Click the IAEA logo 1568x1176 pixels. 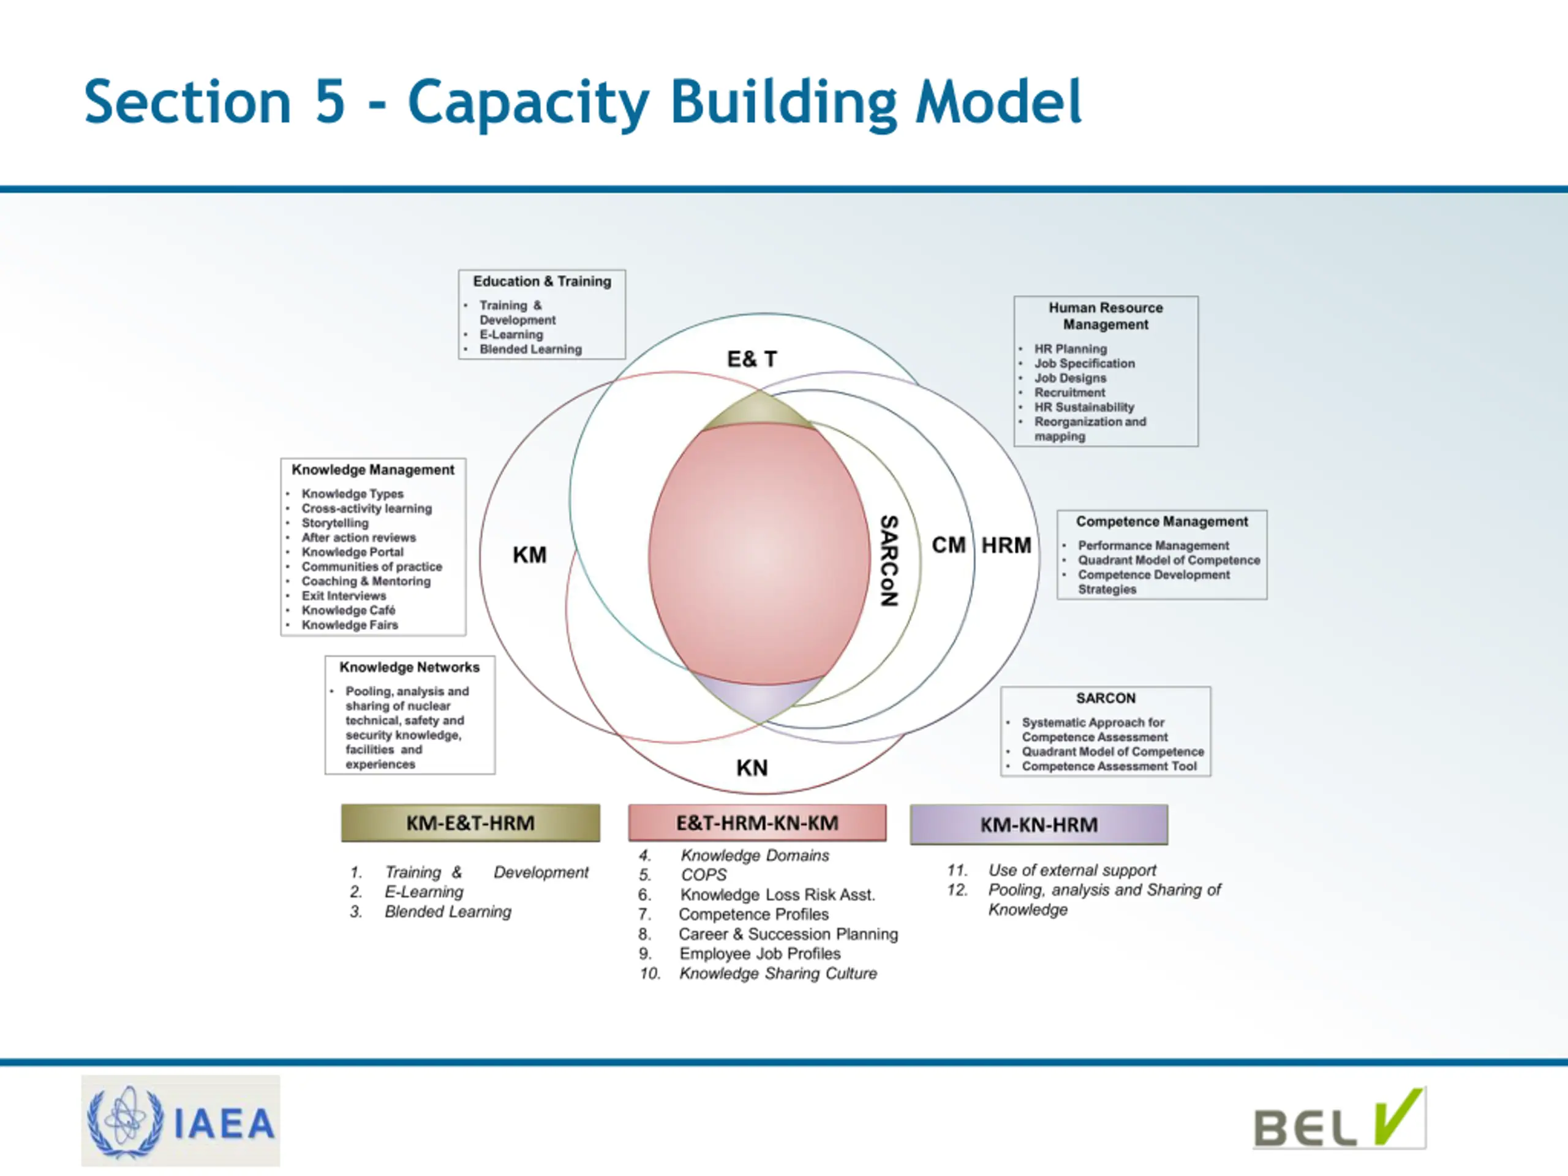(x=180, y=1121)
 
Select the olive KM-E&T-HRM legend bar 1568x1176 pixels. (x=470, y=823)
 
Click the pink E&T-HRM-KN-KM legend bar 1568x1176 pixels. (x=757, y=823)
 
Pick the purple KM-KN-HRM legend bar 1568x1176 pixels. (x=1038, y=824)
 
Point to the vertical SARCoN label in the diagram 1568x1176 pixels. (x=889, y=560)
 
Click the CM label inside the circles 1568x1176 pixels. (x=948, y=545)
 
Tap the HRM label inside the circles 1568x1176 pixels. (x=1006, y=545)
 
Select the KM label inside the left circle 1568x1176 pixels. (x=530, y=555)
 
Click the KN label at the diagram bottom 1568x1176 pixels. (x=752, y=767)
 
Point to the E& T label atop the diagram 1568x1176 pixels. (x=752, y=360)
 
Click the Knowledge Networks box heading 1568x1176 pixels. (x=409, y=667)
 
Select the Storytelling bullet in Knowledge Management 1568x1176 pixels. (x=335, y=523)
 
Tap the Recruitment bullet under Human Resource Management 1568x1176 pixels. (x=1069, y=393)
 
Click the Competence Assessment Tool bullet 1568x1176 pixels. (x=1109, y=766)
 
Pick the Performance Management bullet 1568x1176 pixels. (x=1153, y=545)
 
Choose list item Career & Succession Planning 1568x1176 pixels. (x=788, y=934)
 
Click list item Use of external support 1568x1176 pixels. (x=1072, y=870)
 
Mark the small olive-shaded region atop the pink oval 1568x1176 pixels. (x=758, y=410)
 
